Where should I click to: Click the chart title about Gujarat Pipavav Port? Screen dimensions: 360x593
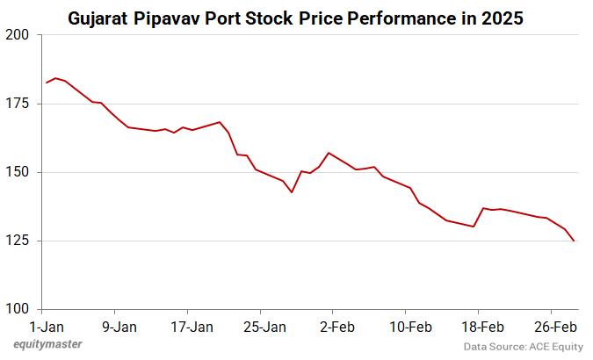tap(296, 17)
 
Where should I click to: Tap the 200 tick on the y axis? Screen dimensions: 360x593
tap(18, 35)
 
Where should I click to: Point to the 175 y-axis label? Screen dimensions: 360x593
tap(18, 104)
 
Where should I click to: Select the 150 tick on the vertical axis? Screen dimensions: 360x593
tap(18, 172)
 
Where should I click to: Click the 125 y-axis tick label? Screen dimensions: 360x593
tap(18, 241)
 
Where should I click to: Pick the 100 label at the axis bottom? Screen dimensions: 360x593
tap(18, 309)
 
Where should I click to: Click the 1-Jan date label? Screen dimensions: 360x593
tap(47, 327)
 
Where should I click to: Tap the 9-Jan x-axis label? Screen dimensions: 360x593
tap(119, 327)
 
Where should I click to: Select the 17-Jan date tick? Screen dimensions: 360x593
tap(191, 327)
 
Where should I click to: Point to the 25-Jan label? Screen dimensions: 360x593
tap(264, 327)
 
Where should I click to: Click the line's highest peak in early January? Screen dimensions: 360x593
tap(55, 78)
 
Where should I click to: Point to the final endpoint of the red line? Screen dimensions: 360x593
tap(575, 241)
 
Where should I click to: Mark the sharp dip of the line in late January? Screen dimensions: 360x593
tap(292, 192)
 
